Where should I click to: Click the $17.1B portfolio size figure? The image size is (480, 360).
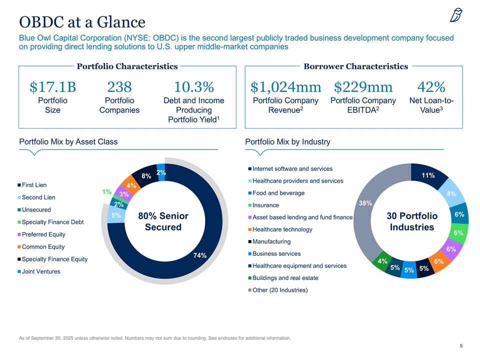point(52,87)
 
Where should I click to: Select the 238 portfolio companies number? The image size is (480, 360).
point(119,87)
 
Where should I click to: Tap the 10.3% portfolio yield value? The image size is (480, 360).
point(194,87)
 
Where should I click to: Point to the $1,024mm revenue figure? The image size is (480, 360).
point(286,87)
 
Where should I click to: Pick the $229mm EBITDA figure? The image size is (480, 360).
point(363,87)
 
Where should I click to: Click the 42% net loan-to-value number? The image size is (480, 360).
point(431,87)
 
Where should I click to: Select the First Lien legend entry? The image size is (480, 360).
point(34,185)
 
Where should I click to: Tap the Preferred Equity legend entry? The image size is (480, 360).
point(42,234)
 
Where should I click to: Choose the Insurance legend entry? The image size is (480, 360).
point(265,205)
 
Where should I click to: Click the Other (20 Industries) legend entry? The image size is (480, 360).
point(279,290)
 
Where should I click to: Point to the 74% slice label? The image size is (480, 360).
point(200,255)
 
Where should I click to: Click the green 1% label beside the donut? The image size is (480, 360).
point(106,192)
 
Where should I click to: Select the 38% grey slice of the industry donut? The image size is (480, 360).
point(363,203)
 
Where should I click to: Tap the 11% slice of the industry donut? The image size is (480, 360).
point(427,175)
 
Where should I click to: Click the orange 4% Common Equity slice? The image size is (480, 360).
point(130,185)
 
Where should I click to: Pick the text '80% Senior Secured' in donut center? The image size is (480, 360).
point(163,221)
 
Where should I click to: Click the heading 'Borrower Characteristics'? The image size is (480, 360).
point(355,66)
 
